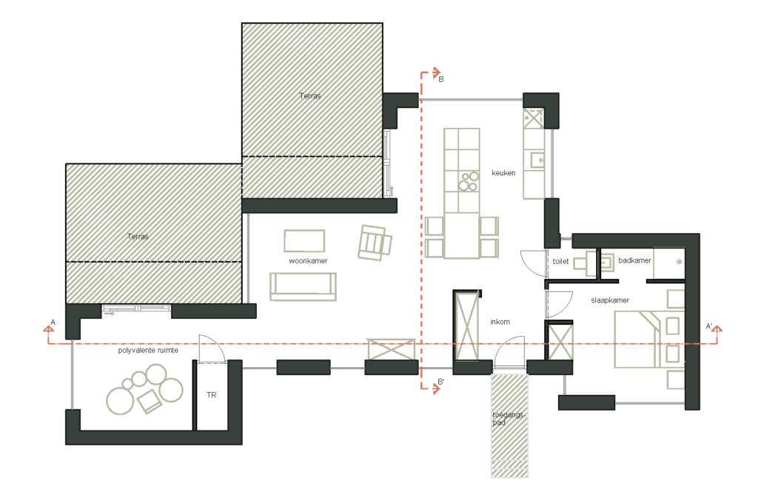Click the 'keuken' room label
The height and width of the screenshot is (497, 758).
(503, 173)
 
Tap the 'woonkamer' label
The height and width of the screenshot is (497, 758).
(308, 261)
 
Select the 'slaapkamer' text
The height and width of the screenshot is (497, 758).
(610, 300)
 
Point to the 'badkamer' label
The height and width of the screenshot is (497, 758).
(634, 260)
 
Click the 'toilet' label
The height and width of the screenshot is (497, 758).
(560, 261)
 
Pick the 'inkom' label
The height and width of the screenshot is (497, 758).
(500, 322)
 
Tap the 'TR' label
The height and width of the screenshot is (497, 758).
(211, 395)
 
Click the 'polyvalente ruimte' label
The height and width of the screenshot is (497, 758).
(148, 350)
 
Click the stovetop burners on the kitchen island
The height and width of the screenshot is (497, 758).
(468, 182)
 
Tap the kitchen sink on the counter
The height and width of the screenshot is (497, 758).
(537, 160)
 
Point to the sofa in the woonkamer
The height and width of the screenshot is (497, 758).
(303, 287)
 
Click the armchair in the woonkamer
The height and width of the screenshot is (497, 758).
(375, 243)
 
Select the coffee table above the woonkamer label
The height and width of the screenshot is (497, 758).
(304, 240)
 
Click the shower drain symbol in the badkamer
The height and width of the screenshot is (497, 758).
(679, 262)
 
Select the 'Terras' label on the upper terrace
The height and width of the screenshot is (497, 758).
(310, 95)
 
